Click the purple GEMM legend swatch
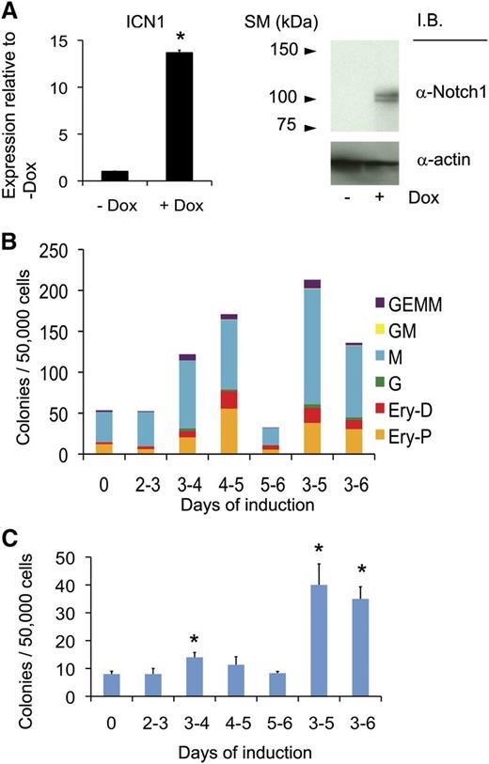(380, 303)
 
